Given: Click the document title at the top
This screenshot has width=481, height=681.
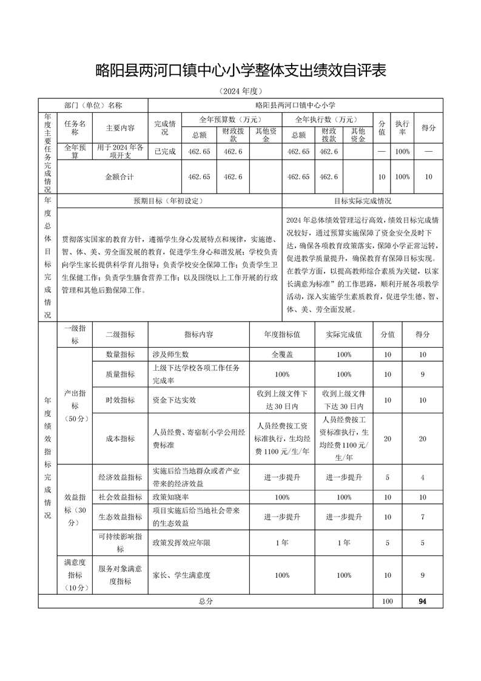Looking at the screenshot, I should (x=241, y=70).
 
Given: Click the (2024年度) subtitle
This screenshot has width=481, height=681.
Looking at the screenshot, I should (x=240, y=91).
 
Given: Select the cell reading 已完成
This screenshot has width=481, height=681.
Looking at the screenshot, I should (x=165, y=151).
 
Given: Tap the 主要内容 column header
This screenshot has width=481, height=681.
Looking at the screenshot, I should (x=120, y=128).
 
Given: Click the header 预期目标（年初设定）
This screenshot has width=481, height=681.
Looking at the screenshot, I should (x=169, y=200).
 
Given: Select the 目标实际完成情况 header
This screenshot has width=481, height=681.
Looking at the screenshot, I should (x=362, y=200).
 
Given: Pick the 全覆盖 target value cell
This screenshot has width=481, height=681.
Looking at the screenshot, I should (x=282, y=354).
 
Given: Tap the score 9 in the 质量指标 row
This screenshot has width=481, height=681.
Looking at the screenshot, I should (x=422, y=374).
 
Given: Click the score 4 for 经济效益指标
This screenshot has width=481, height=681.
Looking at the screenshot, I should (x=422, y=477).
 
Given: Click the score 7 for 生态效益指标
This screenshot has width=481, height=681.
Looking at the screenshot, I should (x=422, y=517).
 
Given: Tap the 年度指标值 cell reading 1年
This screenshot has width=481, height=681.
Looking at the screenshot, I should (x=282, y=542).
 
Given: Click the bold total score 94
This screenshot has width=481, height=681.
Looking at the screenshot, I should (x=422, y=601).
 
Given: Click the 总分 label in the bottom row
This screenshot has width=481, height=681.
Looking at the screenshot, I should (x=206, y=601).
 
